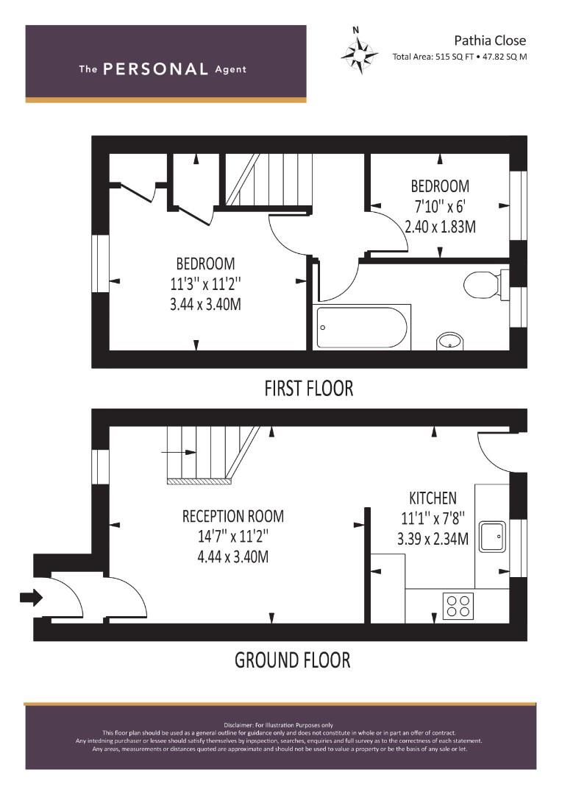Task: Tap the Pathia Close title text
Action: [x=489, y=40]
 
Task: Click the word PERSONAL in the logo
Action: [x=155, y=69]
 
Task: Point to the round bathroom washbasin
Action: [x=449, y=342]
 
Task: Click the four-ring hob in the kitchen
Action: [x=458, y=605]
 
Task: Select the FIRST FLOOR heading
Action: [x=309, y=389]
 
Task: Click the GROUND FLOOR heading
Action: [x=293, y=660]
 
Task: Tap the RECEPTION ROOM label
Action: [x=233, y=516]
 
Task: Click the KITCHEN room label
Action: [x=433, y=498]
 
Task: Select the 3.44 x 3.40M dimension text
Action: [x=205, y=304]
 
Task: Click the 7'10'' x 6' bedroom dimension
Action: [x=439, y=206]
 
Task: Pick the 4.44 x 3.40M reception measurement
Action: [x=232, y=556]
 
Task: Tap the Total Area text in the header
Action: [x=460, y=57]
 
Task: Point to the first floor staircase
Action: [x=267, y=180]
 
